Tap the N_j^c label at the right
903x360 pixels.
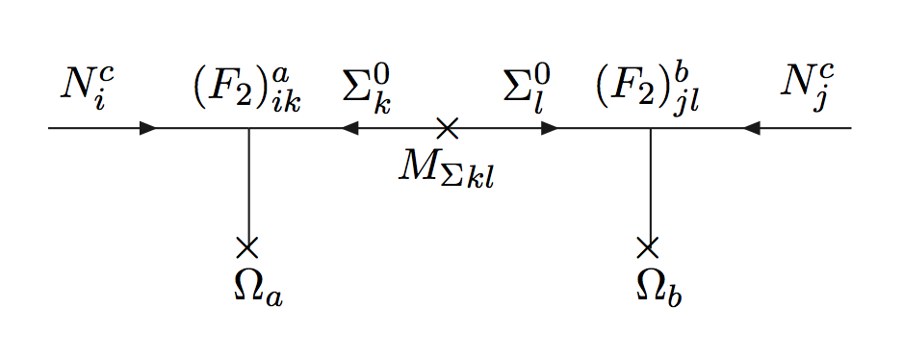click(x=806, y=88)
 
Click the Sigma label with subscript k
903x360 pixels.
click(x=367, y=88)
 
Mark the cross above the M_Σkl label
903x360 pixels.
click(x=446, y=128)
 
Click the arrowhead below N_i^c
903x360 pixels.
click(x=148, y=128)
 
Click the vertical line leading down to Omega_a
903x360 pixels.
click(x=248, y=188)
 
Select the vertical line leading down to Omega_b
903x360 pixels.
click(x=650, y=188)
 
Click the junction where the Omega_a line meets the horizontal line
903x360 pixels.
click(x=248, y=128)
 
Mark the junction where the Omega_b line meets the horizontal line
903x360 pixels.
click(x=650, y=128)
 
